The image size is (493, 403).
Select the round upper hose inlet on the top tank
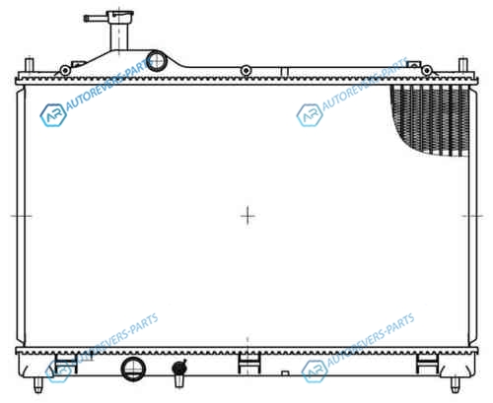(x=157, y=61)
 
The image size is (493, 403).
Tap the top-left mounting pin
(x=30, y=65)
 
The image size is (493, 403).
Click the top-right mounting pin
(x=463, y=65)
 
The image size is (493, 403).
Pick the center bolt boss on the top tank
(x=246, y=70)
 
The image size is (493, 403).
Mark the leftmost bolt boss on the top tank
(x=65, y=70)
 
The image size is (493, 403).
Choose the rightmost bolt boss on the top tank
(x=427, y=70)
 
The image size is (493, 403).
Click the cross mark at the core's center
(x=247, y=216)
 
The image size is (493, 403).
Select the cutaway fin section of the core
(x=430, y=120)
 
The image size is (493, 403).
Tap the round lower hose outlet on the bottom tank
(x=133, y=369)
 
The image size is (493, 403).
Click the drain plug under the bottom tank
(x=179, y=372)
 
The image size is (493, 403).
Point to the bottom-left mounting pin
(x=38, y=384)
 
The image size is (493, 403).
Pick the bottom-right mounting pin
(x=456, y=384)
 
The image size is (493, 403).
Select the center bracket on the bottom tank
(x=249, y=364)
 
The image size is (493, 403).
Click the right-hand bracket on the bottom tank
(x=427, y=364)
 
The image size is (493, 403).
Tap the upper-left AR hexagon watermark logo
(x=53, y=115)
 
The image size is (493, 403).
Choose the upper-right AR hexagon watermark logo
(x=310, y=115)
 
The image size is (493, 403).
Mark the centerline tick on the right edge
(x=472, y=216)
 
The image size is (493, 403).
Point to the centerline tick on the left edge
(x=21, y=216)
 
